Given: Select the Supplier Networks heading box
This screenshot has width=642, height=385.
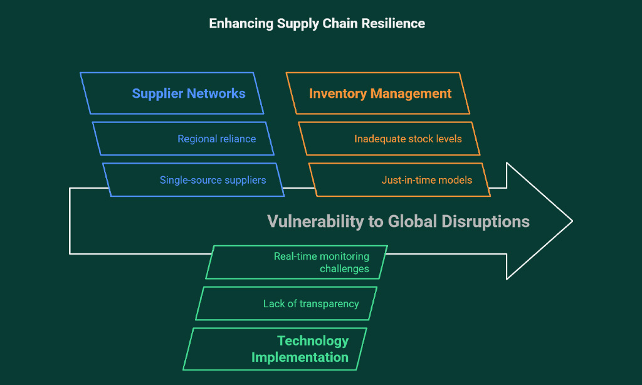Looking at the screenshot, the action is click(x=172, y=93).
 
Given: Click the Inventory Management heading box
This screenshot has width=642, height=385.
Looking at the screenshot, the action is click(x=377, y=93).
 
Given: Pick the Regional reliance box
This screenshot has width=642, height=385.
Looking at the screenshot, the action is click(x=183, y=139).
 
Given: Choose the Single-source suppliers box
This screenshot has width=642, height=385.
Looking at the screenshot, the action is click(x=193, y=180).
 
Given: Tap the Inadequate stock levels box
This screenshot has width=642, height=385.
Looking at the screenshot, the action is click(x=389, y=139).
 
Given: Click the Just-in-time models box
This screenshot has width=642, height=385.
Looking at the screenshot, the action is click(x=399, y=180).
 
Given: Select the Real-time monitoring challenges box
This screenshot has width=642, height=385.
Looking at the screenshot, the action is click(x=297, y=263).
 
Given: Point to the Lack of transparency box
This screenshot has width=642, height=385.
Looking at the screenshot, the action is click(x=286, y=303).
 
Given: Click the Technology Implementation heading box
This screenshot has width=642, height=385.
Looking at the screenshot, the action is click(x=275, y=349).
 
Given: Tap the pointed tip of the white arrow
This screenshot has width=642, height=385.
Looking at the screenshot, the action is click(x=572, y=221).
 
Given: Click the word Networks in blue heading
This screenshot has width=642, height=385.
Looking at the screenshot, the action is click(x=216, y=93).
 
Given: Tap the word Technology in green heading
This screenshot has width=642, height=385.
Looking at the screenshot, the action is click(x=313, y=340).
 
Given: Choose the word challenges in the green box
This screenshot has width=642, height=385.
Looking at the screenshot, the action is click(x=344, y=268).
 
